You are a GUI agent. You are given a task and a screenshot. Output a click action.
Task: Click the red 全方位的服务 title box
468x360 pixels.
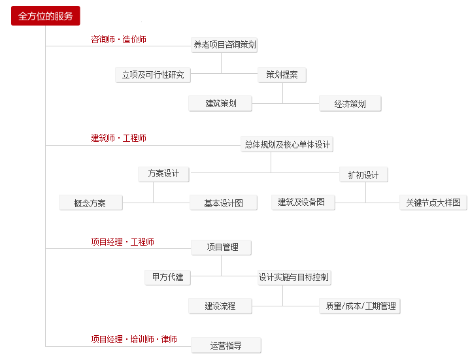click(45, 16)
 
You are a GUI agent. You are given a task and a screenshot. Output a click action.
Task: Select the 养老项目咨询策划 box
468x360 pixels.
click(224, 45)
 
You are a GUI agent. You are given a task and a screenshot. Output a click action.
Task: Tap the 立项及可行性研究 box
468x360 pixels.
click(153, 75)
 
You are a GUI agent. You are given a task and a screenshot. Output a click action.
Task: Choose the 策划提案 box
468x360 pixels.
click(282, 75)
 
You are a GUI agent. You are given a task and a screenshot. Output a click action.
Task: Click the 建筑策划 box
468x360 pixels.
click(220, 103)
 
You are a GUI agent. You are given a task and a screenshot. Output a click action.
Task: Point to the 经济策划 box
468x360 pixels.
click(350, 103)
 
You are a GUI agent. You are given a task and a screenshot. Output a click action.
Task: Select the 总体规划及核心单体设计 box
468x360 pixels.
click(287, 144)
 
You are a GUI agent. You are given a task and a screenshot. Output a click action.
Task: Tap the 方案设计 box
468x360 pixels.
click(163, 174)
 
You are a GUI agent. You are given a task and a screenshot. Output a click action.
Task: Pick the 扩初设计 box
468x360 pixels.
click(363, 174)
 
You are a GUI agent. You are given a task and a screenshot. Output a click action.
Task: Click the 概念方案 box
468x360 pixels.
click(91, 203)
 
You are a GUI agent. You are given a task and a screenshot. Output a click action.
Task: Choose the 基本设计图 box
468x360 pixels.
click(224, 203)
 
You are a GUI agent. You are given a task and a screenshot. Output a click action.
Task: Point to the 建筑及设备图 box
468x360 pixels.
click(303, 203)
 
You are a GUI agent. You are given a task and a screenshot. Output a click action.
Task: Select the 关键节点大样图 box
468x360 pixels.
click(433, 203)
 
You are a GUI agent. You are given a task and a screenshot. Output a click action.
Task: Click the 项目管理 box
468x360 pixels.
click(221, 248)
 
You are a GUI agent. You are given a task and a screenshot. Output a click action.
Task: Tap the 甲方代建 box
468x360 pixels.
click(167, 278)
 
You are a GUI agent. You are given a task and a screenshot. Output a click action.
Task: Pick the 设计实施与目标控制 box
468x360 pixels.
click(294, 278)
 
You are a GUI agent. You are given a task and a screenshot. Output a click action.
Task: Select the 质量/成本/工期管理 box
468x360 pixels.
click(359, 306)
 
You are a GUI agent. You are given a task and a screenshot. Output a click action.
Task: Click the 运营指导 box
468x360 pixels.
click(226, 346)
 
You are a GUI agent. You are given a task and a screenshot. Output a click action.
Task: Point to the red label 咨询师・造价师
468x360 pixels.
click(118, 39)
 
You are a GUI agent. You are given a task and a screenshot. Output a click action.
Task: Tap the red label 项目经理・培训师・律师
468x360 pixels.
click(134, 339)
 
